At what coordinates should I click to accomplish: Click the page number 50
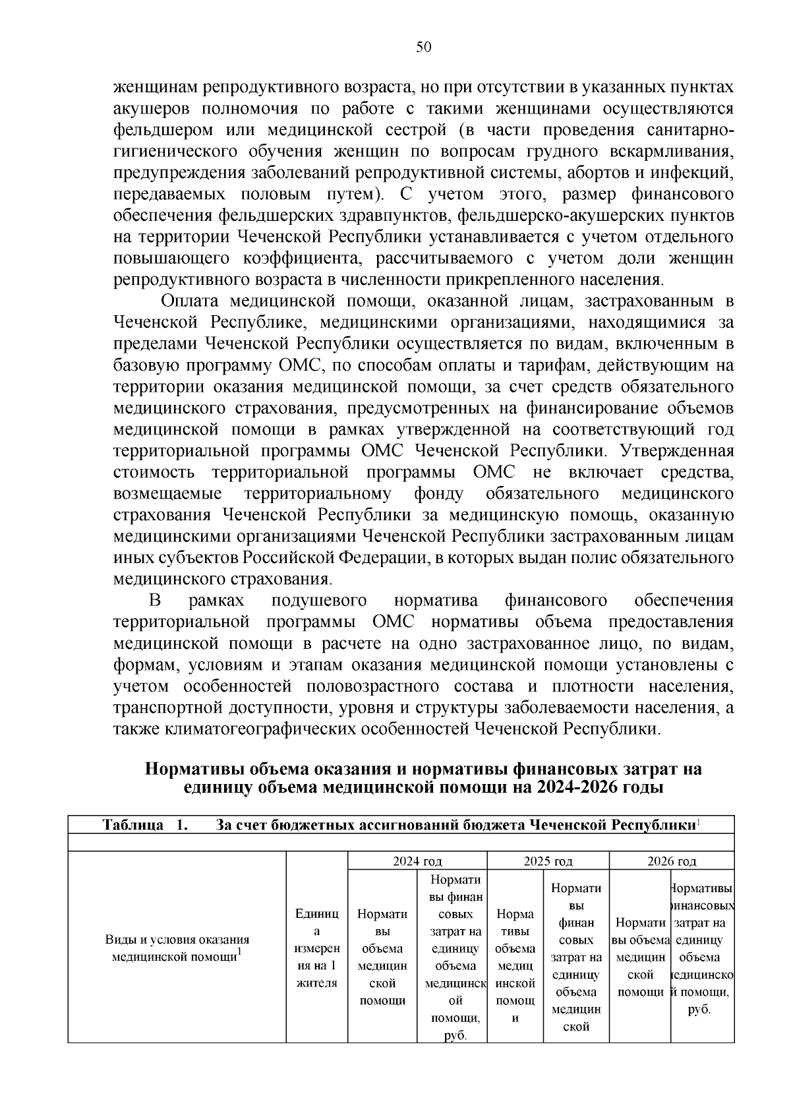(424, 47)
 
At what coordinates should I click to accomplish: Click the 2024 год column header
(417, 861)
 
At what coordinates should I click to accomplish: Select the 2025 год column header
(548, 861)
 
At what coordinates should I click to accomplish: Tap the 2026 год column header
(672, 861)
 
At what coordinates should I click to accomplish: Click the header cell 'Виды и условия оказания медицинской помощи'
(177, 948)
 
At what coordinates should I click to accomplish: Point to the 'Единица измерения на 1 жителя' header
(316, 948)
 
